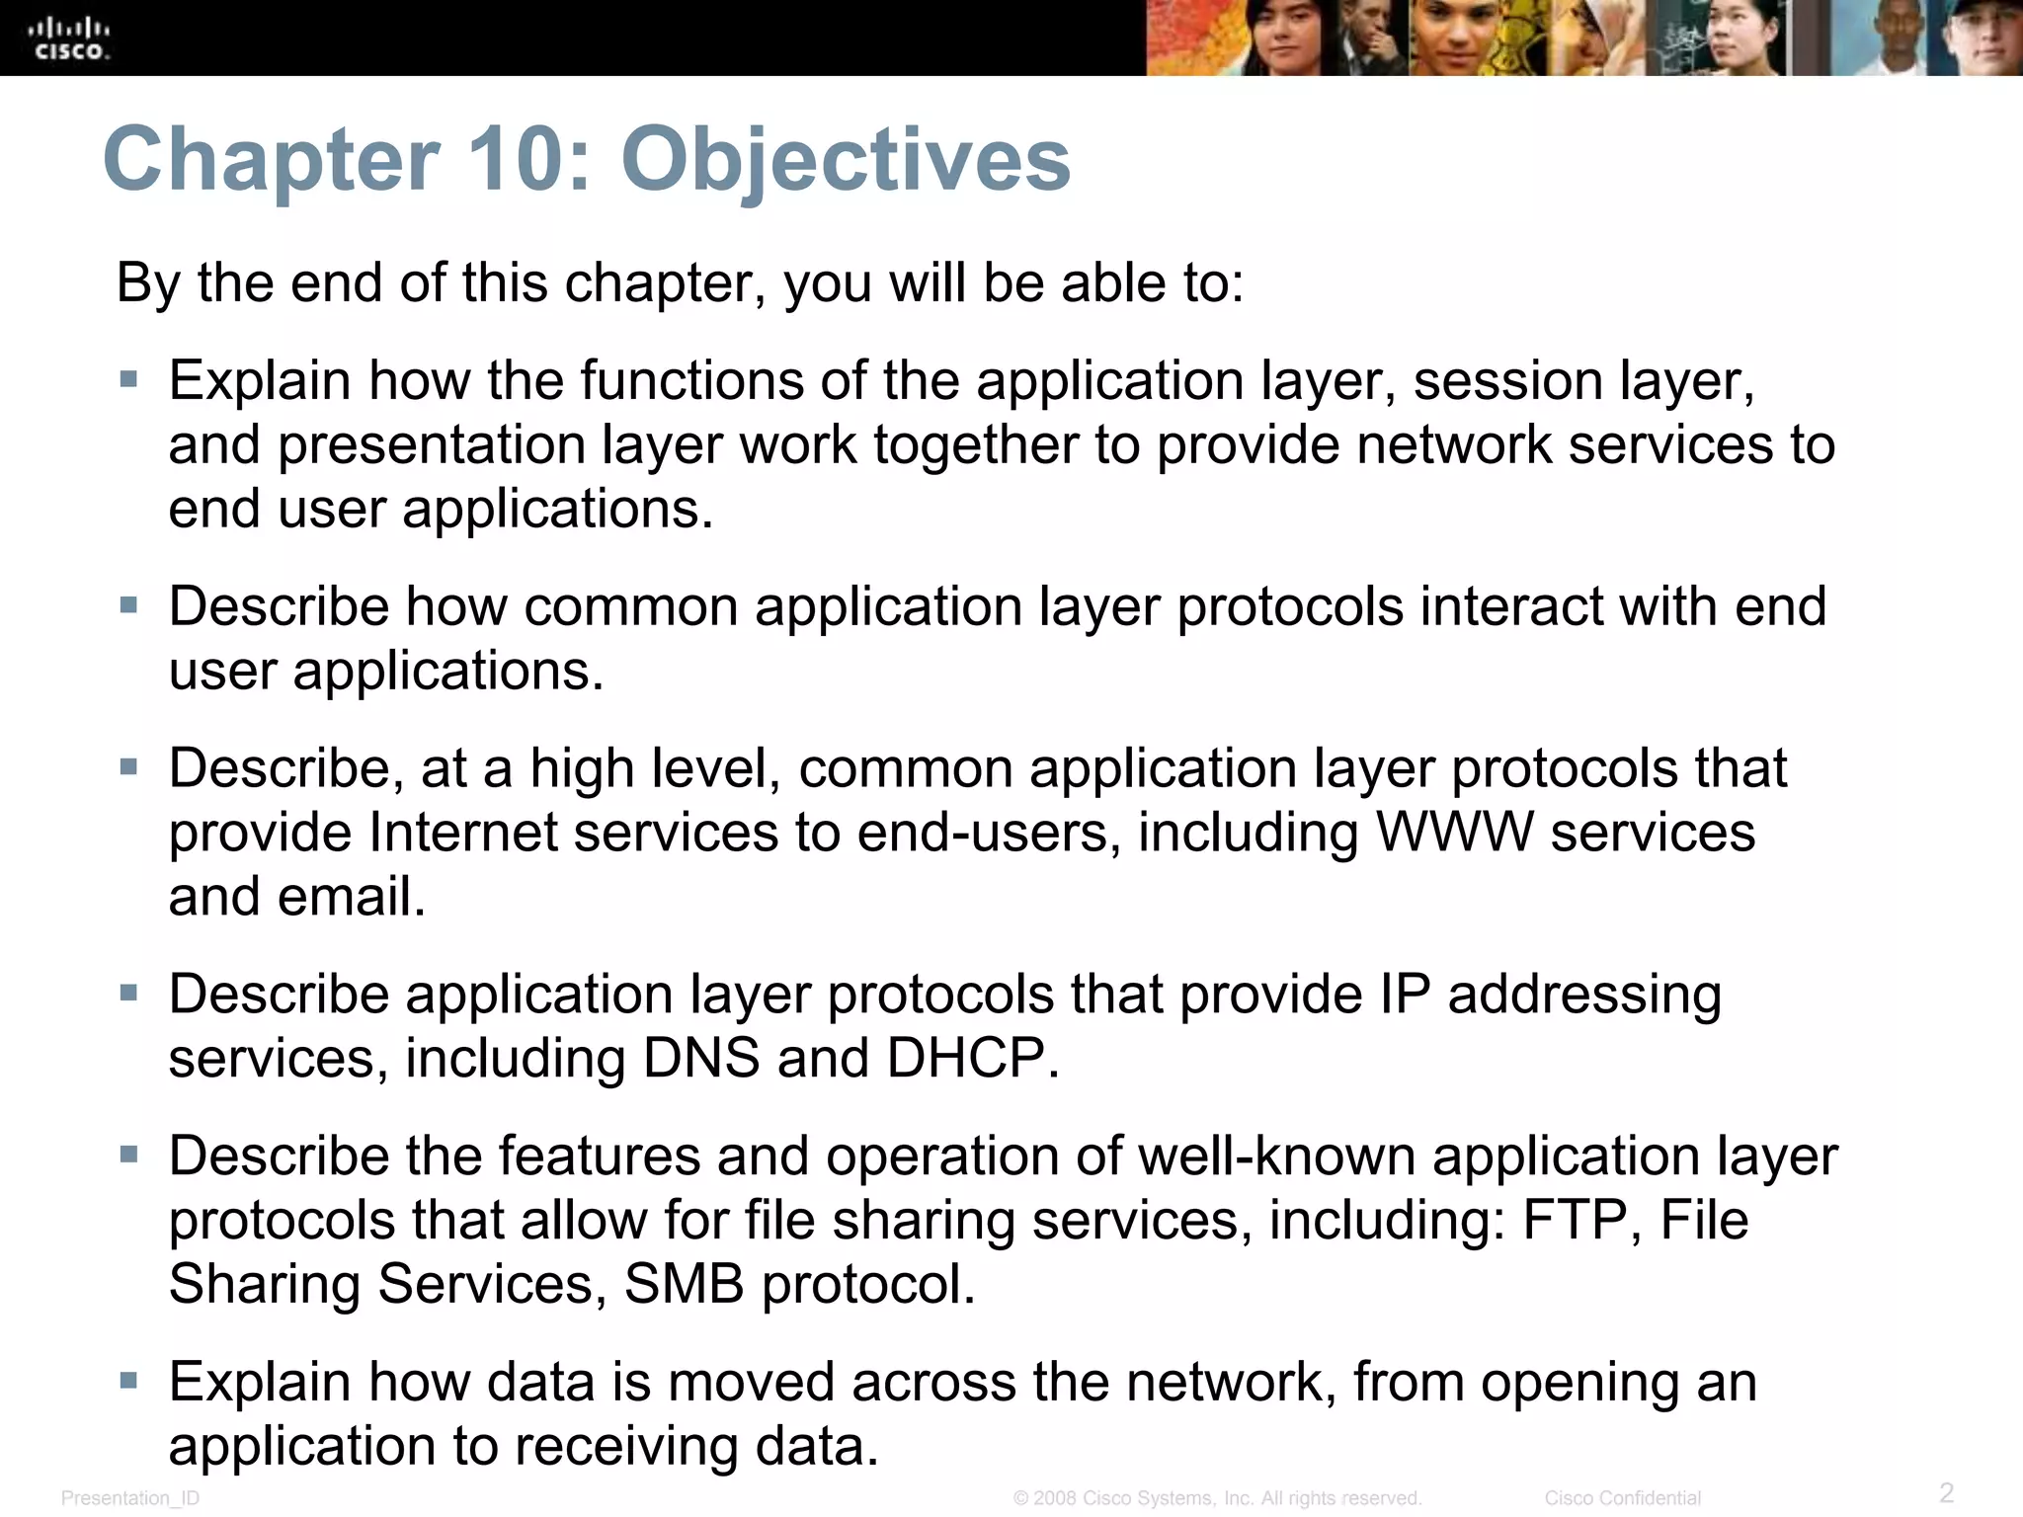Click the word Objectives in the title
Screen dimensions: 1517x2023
[x=846, y=160]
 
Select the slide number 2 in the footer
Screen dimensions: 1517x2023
[x=1946, y=1491]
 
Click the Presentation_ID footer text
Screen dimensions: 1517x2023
[x=130, y=1498]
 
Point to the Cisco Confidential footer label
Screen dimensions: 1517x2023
[x=1622, y=1498]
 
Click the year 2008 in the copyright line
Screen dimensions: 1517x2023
[x=1055, y=1498]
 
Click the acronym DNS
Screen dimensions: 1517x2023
[x=701, y=1058]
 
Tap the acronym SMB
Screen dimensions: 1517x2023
[x=684, y=1284]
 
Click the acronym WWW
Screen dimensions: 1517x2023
[x=1454, y=832]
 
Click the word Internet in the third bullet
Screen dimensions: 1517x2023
[x=463, y=832]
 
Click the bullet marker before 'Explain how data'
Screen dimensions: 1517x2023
[x=128, y=1380]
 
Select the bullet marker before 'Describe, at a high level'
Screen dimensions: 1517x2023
[x=128, y=766]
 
